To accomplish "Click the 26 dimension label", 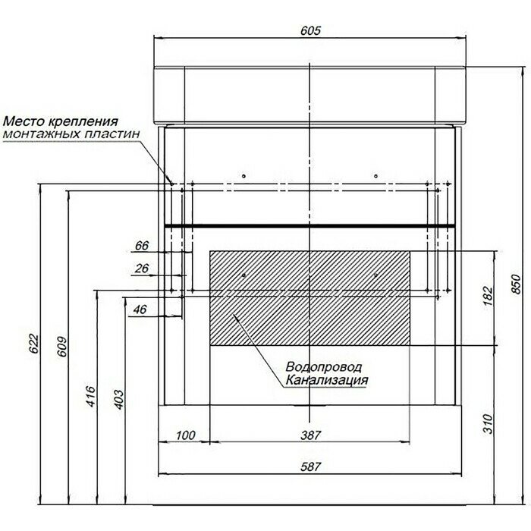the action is pyautogui.click(x=141, y=268).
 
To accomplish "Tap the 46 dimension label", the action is pyautogui.click(x=140, y=309).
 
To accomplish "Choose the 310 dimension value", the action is pyautogui.click(x=488, y=425).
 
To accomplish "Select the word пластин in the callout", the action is pyautogui.click(x=118, y=134).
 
